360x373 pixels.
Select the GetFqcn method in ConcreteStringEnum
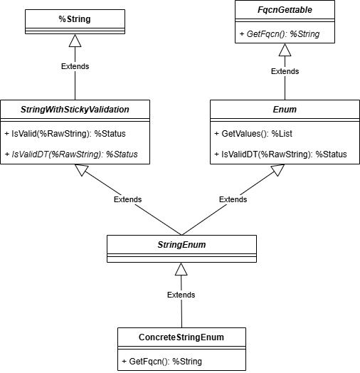click(163, 361)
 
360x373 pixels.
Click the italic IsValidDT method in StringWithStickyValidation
click(71, 154)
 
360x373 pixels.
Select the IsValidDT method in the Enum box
click(280, 154)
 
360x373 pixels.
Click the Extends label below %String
click(75, 66)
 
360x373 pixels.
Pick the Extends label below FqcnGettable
click(285, 71)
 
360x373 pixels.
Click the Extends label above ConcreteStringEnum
click(181, 295)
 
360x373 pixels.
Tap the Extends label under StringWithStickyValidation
click(127, 199)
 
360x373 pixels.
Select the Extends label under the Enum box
click(233, 199)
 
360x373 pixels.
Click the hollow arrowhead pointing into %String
click(75, 41)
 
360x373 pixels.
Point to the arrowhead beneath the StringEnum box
click(181, 269)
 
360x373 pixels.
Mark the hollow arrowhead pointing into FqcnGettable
click(285, 50)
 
